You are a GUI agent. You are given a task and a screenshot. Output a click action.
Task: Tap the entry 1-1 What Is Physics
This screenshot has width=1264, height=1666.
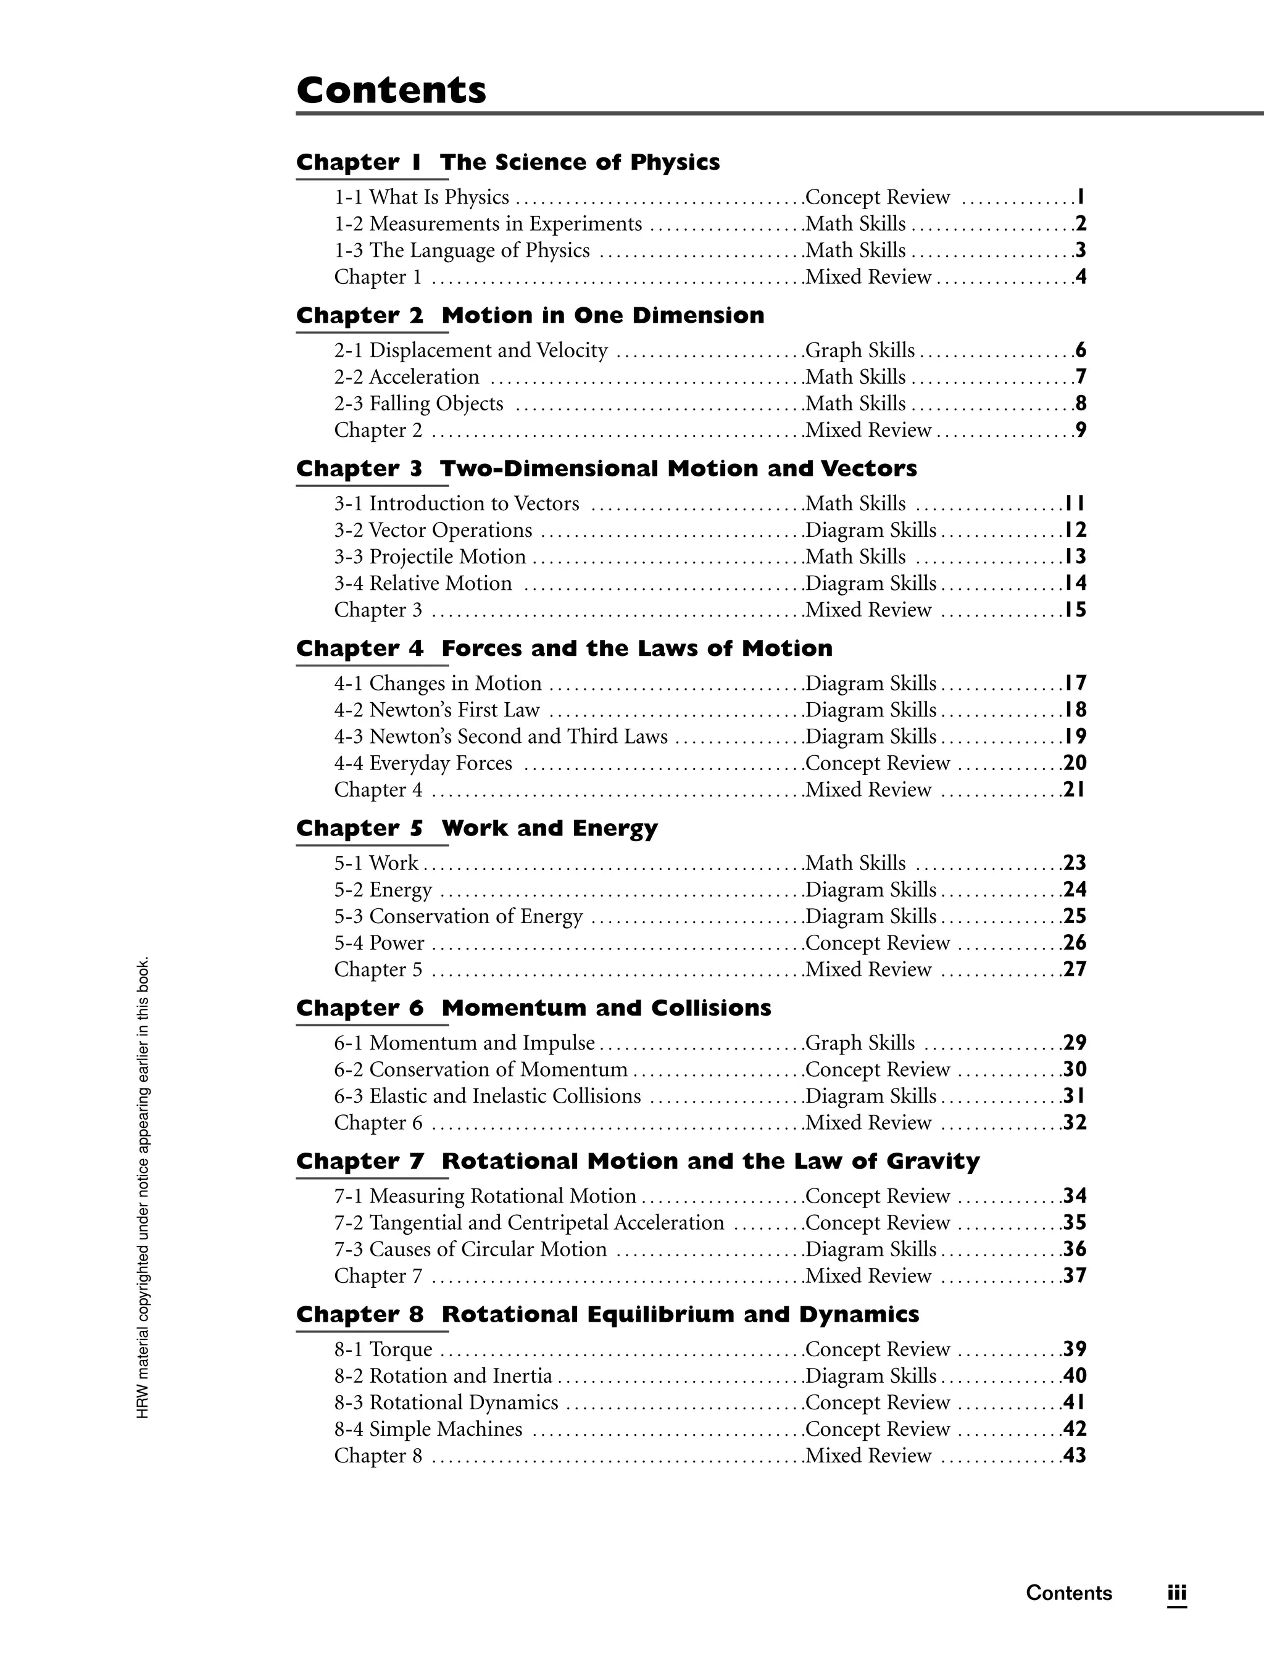422,197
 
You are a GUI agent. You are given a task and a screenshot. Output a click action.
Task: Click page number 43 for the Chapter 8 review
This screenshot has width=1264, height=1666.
1074,1455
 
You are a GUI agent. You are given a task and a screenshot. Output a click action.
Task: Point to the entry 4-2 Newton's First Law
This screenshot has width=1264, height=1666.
437,710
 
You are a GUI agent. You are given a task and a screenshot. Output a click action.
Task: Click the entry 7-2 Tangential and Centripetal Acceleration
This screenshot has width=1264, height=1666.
529,1222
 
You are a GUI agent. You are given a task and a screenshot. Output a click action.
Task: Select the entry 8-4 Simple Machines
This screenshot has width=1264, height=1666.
428,1429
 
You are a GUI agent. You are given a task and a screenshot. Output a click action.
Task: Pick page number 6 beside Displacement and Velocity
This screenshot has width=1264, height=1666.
1081,350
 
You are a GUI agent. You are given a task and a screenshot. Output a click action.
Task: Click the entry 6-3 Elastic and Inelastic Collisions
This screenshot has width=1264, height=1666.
488,1096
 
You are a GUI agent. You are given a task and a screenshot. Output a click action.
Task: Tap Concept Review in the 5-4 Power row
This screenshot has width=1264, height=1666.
878,942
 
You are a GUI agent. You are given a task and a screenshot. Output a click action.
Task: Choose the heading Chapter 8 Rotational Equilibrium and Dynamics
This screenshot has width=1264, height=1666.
607,1314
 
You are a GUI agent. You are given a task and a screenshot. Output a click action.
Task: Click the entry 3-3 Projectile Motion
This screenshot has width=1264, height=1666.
430,557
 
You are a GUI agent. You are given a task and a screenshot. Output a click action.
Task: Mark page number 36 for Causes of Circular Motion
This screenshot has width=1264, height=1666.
1074,1249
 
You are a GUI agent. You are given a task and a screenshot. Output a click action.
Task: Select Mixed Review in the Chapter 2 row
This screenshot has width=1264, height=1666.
868,430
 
